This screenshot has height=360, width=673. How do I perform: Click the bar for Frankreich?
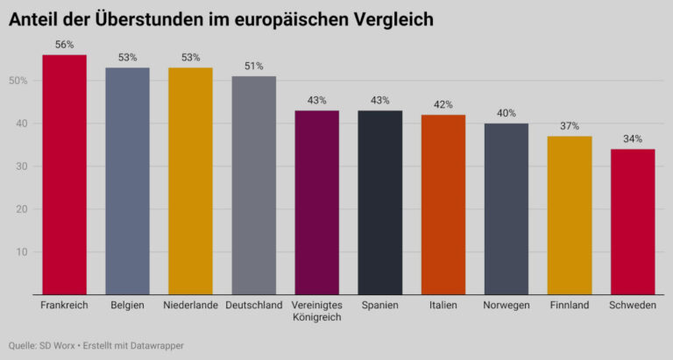[x=65, y=174]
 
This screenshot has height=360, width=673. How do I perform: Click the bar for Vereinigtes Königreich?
[x=316, y=202]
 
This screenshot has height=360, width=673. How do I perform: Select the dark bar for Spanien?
[x=379, y=202]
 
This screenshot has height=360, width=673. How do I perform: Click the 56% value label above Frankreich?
[x=65, y=43]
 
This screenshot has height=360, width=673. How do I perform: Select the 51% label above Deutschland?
[x=254, y=65]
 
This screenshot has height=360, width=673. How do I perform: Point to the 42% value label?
[x=443, y=103]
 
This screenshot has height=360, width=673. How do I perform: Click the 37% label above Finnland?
[x=569, y=125]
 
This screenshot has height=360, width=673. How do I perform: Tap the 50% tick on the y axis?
[x=19, y=81]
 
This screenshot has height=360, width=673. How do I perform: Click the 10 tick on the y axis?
[x=23, y=252]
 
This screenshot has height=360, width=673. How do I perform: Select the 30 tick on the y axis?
[x=23, y=166]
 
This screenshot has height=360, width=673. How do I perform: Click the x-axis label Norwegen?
[x=506, y=305]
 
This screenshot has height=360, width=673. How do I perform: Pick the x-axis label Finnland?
[x=569, y=305]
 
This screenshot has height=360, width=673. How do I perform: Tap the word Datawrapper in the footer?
[x=157, y=346]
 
